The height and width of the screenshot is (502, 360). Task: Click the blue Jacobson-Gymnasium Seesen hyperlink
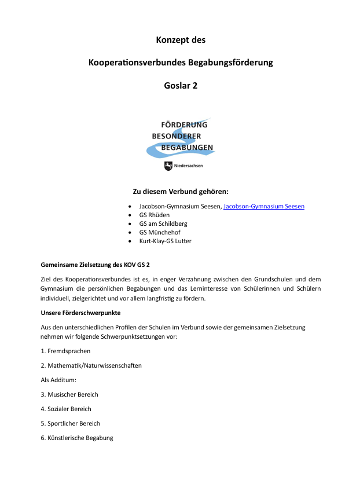tap(263, 206)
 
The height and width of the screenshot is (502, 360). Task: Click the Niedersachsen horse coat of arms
tap(168, 166)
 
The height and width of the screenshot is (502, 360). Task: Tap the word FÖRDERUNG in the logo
tap(183, 124)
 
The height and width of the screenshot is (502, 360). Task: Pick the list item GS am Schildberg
tap(163, 223)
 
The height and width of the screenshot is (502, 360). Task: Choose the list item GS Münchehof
tap(160, 232)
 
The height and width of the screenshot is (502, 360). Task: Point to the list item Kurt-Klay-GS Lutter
tap(165, 241)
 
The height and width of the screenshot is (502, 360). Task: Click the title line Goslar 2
tap(181, 85)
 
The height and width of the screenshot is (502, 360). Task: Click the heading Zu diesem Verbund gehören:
tap(181, 191)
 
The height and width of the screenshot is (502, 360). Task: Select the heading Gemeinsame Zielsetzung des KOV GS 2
tap(95, 265)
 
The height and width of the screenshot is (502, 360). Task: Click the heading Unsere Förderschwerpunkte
tap(80, 313)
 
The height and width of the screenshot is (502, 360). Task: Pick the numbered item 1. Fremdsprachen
tap(65, 351)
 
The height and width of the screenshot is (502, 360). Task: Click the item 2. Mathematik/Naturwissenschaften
tap(91, 365)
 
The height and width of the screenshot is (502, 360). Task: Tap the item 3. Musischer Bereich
tap(69, 394)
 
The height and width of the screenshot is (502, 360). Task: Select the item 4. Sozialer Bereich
tap(66, 409)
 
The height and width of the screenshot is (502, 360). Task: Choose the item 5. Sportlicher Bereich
tap(70, 423)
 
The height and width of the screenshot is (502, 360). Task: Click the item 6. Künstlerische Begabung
tap(77, 438)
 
